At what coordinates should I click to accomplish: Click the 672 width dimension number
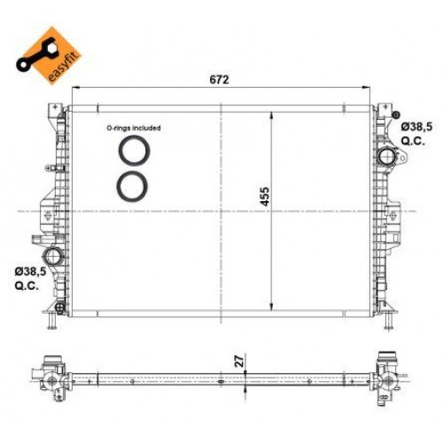[220, 79]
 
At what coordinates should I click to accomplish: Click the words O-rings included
[134, 128]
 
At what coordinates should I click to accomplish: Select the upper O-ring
[134, 150]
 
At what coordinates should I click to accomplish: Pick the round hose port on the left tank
[55, 259]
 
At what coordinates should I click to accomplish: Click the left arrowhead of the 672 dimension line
[74, 89]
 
